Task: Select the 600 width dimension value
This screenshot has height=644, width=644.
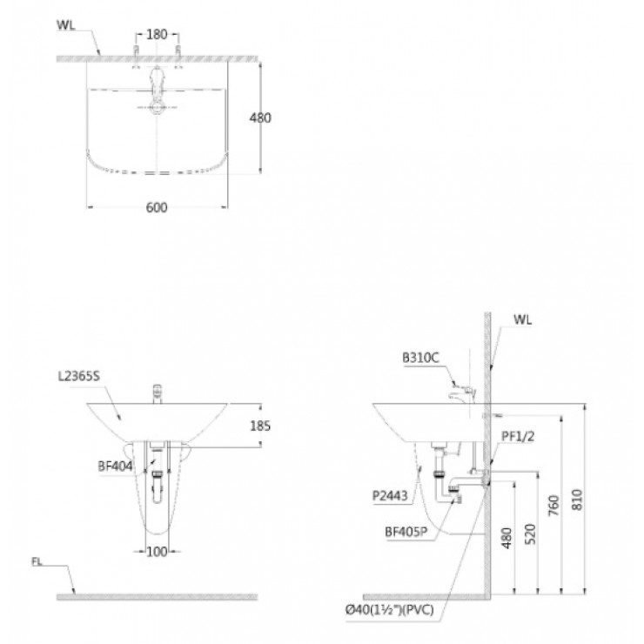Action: pos(158,207)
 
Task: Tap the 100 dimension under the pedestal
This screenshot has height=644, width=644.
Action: pos(158,552)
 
